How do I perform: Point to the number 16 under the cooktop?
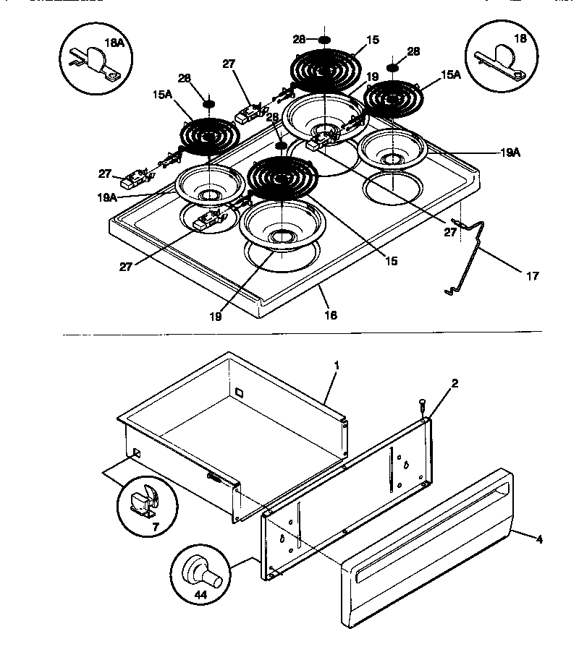(x=331, y=315)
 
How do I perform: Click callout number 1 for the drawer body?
(x=337, y=366)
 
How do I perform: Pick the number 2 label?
(x=454, y=384)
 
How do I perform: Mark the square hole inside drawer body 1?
(x=238, y=393)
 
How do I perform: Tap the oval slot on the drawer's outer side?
(x=214, y=477)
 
